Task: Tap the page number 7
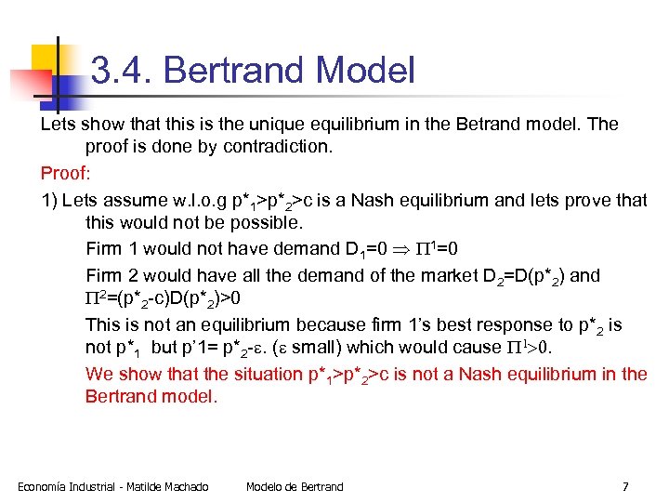point(625,486)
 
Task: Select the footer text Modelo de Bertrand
point(295,486)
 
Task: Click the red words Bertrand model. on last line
point(151,396)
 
